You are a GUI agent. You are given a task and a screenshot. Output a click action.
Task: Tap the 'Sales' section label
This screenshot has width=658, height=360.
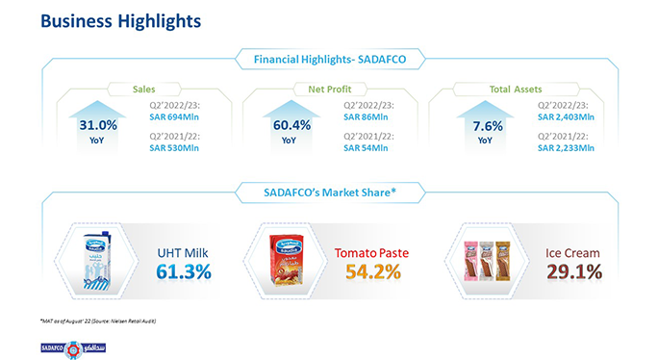144,89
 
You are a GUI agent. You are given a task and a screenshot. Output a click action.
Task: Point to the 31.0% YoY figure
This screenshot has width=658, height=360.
98,125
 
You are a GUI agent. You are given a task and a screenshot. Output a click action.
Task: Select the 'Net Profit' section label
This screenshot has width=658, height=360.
330,89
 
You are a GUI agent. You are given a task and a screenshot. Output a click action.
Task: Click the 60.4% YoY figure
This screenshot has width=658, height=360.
288,125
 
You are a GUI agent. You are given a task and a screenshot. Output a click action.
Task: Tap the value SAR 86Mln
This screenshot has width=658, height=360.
366,117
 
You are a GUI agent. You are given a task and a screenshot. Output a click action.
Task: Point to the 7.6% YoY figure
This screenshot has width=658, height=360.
488,125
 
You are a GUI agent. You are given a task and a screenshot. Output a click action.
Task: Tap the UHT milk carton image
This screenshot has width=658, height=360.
93,257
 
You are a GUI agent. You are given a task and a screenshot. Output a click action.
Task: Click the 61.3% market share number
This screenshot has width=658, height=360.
183,271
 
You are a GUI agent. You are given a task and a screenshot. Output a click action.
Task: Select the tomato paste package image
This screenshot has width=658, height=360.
292,259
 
